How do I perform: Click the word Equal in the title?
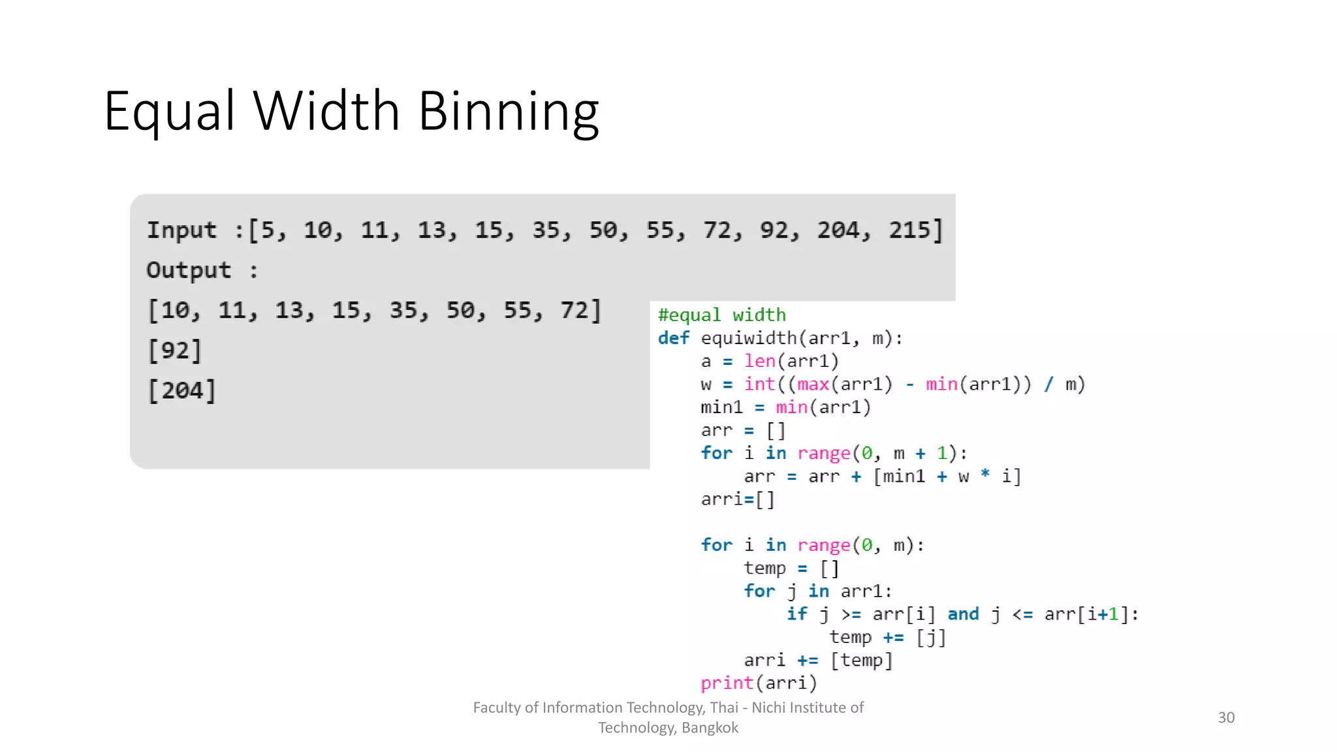coord(168,112)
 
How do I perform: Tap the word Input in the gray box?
coord(181,230)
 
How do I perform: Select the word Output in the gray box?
coord(189,270)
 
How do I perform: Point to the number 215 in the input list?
coord(909,230)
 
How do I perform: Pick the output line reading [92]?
coord(175,351)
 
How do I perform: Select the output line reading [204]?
coord(182,390)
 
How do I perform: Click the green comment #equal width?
coord(721,315)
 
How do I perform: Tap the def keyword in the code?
coord(673,338)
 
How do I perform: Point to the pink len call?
coord(759,361)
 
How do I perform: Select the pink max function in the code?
coord(813,384)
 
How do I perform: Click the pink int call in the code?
coord(759,384)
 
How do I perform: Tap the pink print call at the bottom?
coord(727,683)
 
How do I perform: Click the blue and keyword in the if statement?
coord(963,614)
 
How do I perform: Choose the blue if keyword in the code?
coord(796,614)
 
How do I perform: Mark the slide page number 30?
coord(1226,717)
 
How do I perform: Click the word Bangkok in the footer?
coord(710,728)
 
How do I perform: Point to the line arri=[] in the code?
coord(738,499)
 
